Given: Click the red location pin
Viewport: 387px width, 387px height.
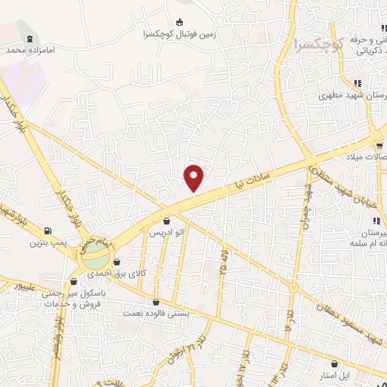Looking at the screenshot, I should click(x=195, y=178).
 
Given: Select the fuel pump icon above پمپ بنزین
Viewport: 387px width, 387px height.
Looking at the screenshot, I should click(x=49, y=231).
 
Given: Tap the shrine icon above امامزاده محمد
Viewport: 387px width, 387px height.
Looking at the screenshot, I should click(x=29, y=39).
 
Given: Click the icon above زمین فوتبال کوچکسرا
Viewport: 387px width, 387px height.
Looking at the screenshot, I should click(x=179, y=23).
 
